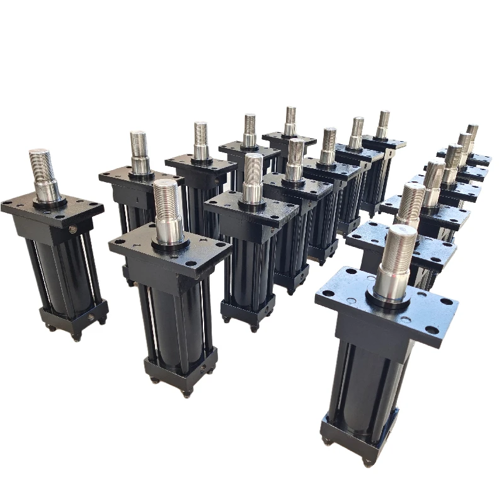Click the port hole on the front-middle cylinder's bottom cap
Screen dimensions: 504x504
pos(203,371)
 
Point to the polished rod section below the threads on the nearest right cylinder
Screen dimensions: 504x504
pos(391,283)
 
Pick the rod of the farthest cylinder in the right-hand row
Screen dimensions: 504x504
pos(472,134)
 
